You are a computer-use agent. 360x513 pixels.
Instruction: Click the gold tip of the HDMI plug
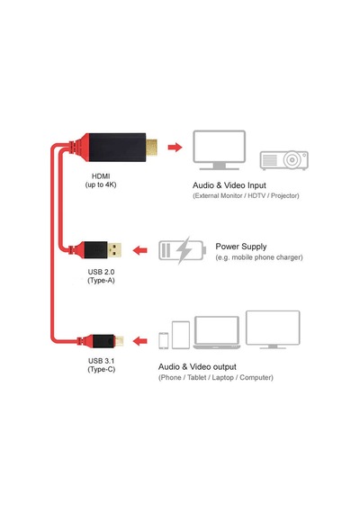(x=151, y=148)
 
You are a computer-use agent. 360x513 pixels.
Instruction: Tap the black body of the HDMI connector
(x=117, y=148)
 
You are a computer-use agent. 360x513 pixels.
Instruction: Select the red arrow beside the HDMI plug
(x=175, y=148)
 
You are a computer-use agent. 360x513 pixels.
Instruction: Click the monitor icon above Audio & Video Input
(x=219, y=149)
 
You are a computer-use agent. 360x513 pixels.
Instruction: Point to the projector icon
(x=284, y=160)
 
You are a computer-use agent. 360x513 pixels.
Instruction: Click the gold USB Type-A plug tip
(x=114, y=250)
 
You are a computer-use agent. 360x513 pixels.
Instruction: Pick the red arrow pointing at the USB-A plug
(x=140, y=250)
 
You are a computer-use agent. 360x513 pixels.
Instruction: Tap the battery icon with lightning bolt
(x=183, y=250)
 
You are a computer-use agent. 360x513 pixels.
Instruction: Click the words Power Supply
(x=241, y=247)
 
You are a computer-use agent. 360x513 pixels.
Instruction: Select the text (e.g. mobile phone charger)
(x=259, y=257)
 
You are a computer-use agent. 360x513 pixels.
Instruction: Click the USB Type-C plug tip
(x=119, y=341)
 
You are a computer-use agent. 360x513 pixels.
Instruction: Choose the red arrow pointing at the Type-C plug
(x=140, y=341)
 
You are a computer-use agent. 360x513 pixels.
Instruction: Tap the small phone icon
(x=164, y=340)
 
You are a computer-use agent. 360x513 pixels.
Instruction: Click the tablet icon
(x=181, y=335)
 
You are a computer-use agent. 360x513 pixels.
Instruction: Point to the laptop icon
(x=217, y=332)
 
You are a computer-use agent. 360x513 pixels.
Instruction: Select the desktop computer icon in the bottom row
(x=273, y=329)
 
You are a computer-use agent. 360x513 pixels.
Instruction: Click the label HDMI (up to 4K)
(x=101, y=180)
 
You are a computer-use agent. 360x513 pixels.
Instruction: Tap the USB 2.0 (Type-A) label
(x=101, y=275)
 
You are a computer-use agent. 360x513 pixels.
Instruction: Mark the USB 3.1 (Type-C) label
(x=101, y=364)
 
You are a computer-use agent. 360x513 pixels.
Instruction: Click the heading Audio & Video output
(x=197, y=366)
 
